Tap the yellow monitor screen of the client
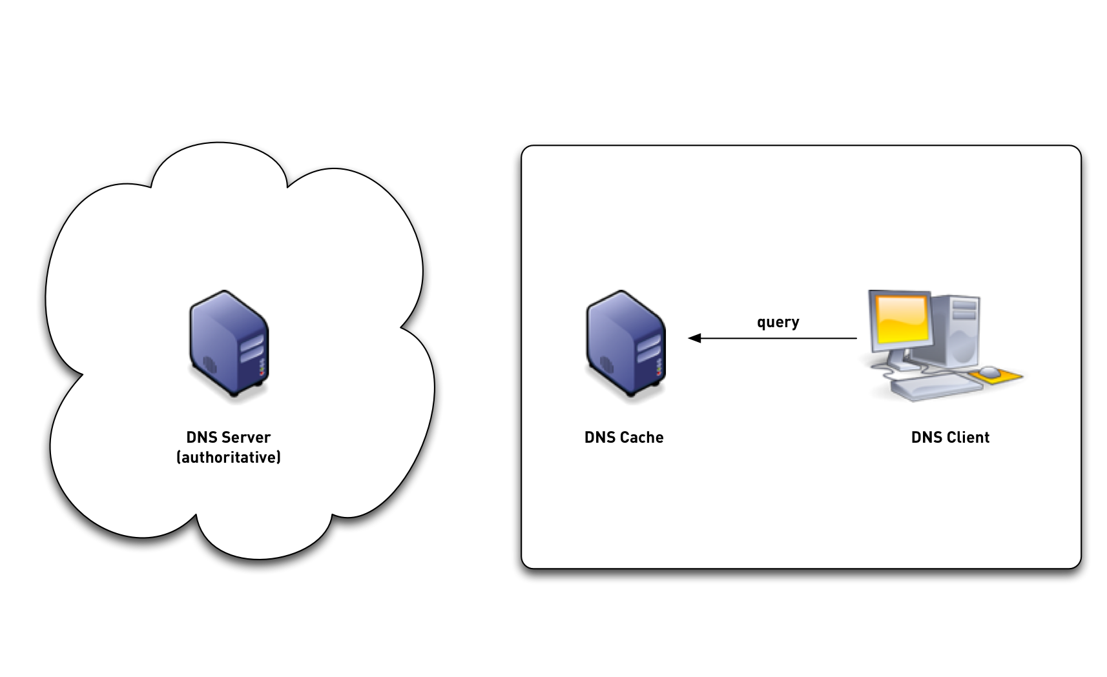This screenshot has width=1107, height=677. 899,320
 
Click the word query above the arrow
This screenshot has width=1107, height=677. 778,321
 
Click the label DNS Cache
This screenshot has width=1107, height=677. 624,437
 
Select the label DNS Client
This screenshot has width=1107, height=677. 950,437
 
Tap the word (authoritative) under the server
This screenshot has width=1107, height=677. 229,458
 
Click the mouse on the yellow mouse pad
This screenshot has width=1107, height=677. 989,371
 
